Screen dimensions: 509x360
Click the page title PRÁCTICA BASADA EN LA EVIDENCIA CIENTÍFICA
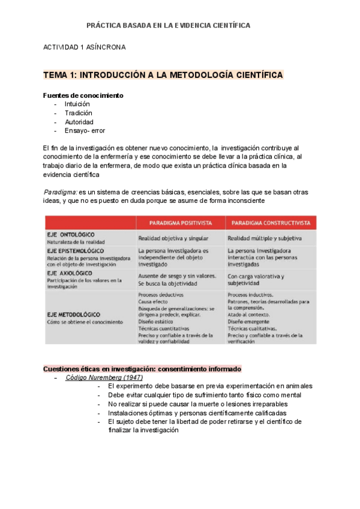[169, 25]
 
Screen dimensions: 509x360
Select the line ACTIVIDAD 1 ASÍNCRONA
[85, 47]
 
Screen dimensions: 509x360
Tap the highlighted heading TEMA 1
[163, 75]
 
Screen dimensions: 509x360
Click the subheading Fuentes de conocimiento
[83, 95]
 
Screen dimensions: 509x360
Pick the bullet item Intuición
[78, 104]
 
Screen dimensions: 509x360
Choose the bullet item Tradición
[79, 113]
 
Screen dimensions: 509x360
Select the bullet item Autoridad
[79, 122]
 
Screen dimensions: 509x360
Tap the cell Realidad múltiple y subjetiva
[265, 238]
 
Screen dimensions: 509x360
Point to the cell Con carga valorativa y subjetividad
[257, 279]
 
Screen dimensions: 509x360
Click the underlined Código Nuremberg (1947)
[104, 378]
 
